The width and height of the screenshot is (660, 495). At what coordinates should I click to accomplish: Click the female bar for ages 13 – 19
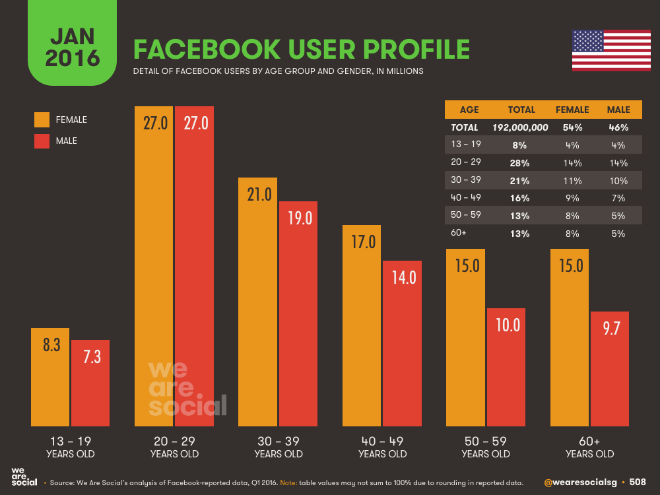coord(50,379)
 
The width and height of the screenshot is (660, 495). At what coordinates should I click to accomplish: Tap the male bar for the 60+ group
coord(610,370)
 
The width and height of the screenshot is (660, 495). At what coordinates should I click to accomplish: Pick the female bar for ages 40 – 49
coord(362,327)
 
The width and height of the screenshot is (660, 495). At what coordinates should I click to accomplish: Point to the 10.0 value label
coord(506,325)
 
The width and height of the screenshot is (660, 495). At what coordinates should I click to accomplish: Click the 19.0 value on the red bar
coord(298,218)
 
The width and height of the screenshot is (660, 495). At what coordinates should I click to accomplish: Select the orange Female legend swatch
coord(42,119)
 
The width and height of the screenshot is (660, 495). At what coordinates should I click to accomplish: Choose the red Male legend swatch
coord(42,141)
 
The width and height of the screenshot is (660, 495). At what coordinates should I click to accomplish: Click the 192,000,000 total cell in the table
coord(520,127)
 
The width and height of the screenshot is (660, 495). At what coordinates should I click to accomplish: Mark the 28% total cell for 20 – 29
coord(521,163)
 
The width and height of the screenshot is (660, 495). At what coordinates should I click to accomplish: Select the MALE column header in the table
coord(618,110)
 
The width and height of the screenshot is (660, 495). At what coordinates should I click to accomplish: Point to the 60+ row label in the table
coord(459,234)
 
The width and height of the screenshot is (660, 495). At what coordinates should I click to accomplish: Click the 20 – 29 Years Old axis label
coord(174,447)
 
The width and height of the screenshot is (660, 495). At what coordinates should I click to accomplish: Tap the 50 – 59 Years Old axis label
coord(486,447)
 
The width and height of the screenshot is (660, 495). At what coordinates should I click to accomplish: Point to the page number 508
coord(638,482)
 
